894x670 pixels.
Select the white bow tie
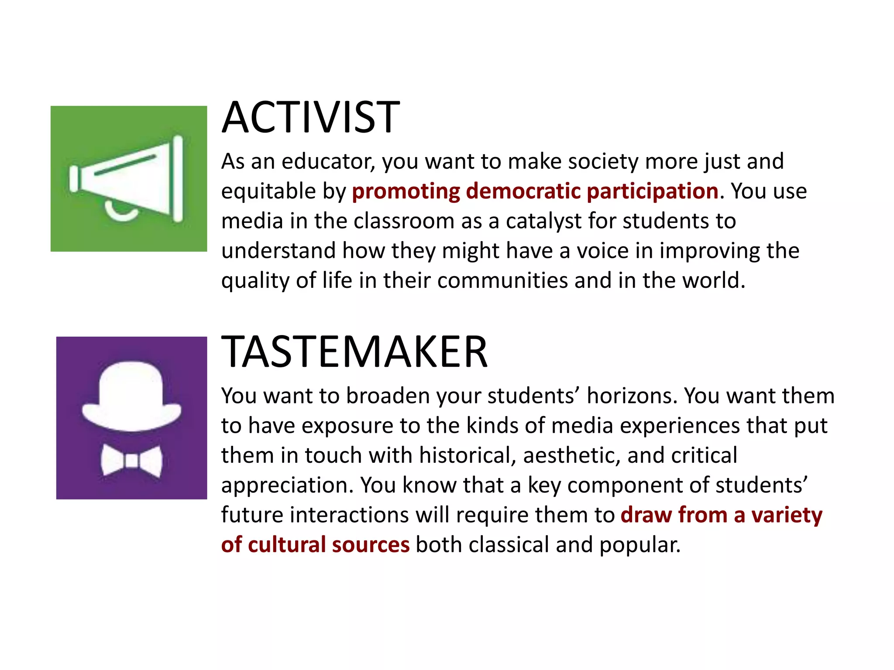(131, 461)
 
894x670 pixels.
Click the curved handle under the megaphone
(121, 213)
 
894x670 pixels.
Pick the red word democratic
(523, 191)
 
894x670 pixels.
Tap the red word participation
(653, 191)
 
